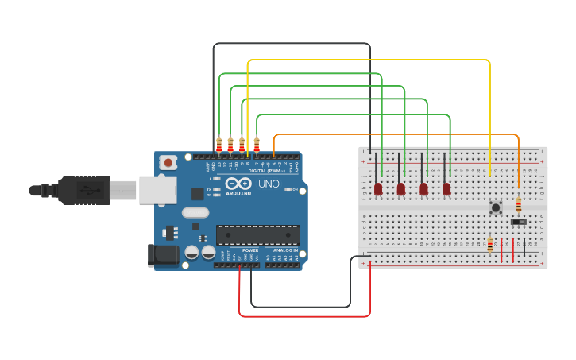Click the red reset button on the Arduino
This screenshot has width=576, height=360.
(x=168, y=162)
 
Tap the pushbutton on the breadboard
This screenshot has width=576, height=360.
(x=496, y=207)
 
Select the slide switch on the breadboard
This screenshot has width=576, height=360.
(x=519, y=222)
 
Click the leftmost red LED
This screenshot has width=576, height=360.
(x=378, y=188)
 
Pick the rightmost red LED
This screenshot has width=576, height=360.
(x=446, y=188)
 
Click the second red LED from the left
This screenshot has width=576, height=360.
(x=401, y=188)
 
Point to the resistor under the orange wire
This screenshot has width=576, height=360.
(x=519, y=206)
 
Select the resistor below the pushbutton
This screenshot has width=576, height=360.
(x=490, y=246)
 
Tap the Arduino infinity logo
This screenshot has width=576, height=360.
(x=238, y=184)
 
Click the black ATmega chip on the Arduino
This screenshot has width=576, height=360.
(x=257, y=234)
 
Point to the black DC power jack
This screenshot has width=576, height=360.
(x=163, y=255)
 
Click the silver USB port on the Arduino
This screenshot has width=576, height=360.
(x=157, y=191)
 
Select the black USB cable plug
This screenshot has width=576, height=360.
(x=83, y=191)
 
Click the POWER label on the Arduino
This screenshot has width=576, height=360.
(x=249, y=250)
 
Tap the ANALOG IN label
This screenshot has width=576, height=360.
(x=284, y=250)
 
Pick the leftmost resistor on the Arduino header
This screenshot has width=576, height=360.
(x=218, y=145)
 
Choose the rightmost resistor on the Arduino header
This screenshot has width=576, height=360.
(x=256, y=145)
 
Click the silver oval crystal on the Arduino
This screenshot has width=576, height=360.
(x=195, y=212)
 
